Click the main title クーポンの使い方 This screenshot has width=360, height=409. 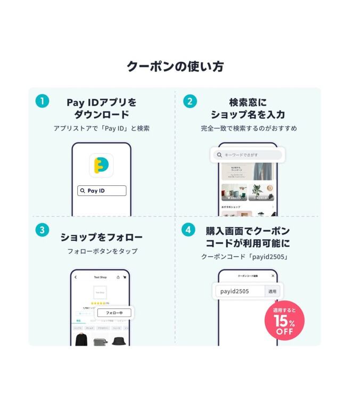tap(175, 67)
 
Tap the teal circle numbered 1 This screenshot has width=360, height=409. tap(42, 101)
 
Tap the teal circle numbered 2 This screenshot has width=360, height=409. tap(190, 101)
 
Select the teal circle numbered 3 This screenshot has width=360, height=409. tap(42, 230)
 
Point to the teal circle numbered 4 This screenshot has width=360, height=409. tap(188, 230)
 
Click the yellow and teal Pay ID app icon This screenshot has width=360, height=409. tap(101, 165)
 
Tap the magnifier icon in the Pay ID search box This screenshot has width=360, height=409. tap(83, 191)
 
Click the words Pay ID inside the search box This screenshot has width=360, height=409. tap(96, 191)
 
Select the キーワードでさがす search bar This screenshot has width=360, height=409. tap(248, 155)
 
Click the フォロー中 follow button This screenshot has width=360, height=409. tap(114, 313)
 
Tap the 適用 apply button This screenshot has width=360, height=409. tap(272, 291)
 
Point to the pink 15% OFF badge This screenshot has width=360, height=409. tap(284, 321)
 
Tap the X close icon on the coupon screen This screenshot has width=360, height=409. tap(273, 276)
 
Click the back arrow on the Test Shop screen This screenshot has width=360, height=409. tap(76, 277)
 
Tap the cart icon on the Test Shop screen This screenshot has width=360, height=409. tap(125, 277)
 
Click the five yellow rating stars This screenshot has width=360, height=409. tap(99, 303)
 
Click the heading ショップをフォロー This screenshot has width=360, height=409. tap(101, 237)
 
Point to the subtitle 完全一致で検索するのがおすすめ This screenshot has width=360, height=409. tap(249, 128)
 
